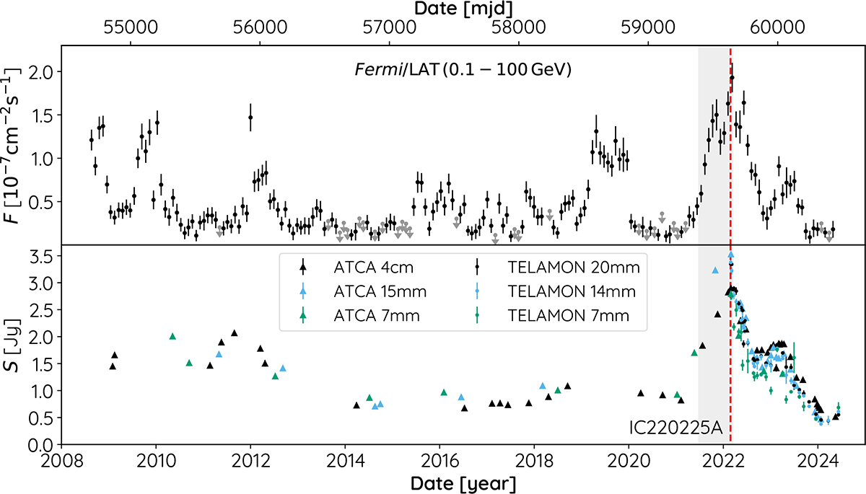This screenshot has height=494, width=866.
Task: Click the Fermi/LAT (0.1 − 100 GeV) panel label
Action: [462, 70]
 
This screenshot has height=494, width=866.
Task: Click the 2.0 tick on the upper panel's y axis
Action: [44, 71]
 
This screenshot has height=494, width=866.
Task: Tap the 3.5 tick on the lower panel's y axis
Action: [44, 257]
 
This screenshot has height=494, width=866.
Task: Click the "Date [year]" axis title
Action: [463, 482]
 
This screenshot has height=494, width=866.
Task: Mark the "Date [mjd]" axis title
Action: [463, 9]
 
